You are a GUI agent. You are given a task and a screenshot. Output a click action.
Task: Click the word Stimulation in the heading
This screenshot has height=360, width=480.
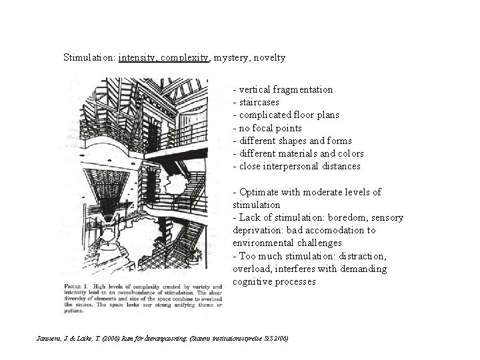[x=88, y=58]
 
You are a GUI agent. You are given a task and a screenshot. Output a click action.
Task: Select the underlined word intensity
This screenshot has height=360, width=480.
[x=137, y=58]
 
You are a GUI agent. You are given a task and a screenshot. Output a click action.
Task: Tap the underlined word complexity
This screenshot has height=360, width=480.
[x=185, y=58]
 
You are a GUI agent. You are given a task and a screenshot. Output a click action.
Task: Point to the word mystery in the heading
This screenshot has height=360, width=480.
[x=233, y=58]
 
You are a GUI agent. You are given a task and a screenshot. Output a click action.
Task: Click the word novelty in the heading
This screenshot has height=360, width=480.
[x=270, y=58]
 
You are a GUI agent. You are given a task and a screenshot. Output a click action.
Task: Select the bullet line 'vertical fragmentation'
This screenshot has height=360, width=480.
[x=283, y=89]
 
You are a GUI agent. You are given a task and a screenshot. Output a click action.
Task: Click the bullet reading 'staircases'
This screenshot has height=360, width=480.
[x=257, y=102]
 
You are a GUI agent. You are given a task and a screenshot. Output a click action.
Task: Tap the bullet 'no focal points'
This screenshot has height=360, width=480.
[x=267, y=128]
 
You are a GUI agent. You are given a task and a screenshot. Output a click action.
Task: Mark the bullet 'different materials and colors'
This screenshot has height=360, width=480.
[x=298, y=153]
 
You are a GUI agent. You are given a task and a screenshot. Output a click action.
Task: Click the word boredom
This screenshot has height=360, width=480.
[x=343, y=217]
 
